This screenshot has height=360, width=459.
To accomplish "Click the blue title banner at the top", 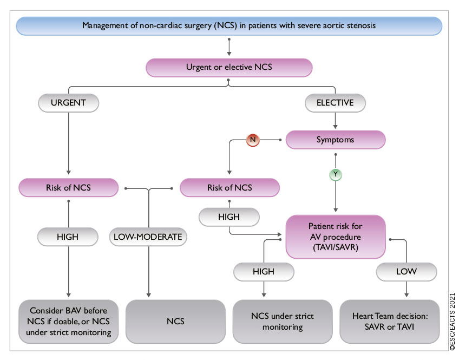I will click(229, 25).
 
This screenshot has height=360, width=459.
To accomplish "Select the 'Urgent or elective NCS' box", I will click(229, 67).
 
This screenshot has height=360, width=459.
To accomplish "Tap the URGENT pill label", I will click(68, 102).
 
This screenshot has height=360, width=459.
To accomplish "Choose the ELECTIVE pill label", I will click(335, 102).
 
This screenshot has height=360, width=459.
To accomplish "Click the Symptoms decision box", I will click(336, 139).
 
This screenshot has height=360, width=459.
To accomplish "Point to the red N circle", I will click(253, 140).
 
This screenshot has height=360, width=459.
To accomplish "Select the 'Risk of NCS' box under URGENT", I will click(68, 188).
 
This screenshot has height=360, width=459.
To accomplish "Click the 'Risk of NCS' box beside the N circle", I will click(229, 188).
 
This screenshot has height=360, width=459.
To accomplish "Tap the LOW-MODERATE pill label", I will click(148, 237).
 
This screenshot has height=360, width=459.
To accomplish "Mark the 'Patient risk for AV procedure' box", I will click(336, 237).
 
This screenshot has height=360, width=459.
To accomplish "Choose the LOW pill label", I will click(406, 272).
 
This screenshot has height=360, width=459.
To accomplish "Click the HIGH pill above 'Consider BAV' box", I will click(68, 237).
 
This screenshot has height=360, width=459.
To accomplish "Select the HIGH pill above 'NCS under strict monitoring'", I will click(264, 272).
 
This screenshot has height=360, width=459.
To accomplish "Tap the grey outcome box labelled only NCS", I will click(175, 322).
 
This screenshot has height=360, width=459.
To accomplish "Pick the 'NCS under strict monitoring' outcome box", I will click(282, 322).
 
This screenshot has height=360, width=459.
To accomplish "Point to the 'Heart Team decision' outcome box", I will click(390, 322).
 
